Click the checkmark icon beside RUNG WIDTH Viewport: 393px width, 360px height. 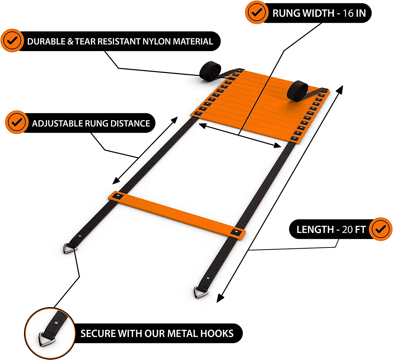[x=256, y=12]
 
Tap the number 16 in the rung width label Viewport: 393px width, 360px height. [x=348, y=13]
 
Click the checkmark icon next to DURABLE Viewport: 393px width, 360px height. [x=12, y=41]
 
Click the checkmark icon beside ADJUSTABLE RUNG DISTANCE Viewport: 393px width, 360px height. [x=17, y=122]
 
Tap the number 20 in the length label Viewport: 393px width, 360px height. [x=347, y=230]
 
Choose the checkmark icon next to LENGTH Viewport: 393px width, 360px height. [x=381, y=229]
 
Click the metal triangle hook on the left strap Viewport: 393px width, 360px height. [x=69, y=248]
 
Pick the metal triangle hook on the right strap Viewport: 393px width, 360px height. [x=201, y=292]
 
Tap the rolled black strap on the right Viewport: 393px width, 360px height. [x=297, y=90]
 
